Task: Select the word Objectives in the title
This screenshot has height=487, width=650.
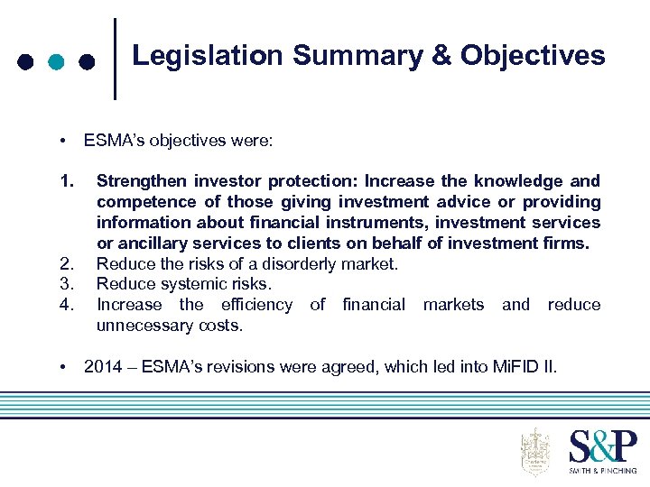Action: [533, 56]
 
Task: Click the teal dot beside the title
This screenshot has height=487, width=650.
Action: [56, 62]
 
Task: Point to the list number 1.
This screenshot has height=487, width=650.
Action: [64, 180]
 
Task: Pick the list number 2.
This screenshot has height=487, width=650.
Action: [64, 263]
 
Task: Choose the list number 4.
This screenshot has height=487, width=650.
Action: [64, 305]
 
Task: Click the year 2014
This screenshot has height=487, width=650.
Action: [102, 367]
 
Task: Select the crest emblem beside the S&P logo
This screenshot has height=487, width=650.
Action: [536, 451]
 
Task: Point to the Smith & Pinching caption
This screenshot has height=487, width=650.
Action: [602, 471]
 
